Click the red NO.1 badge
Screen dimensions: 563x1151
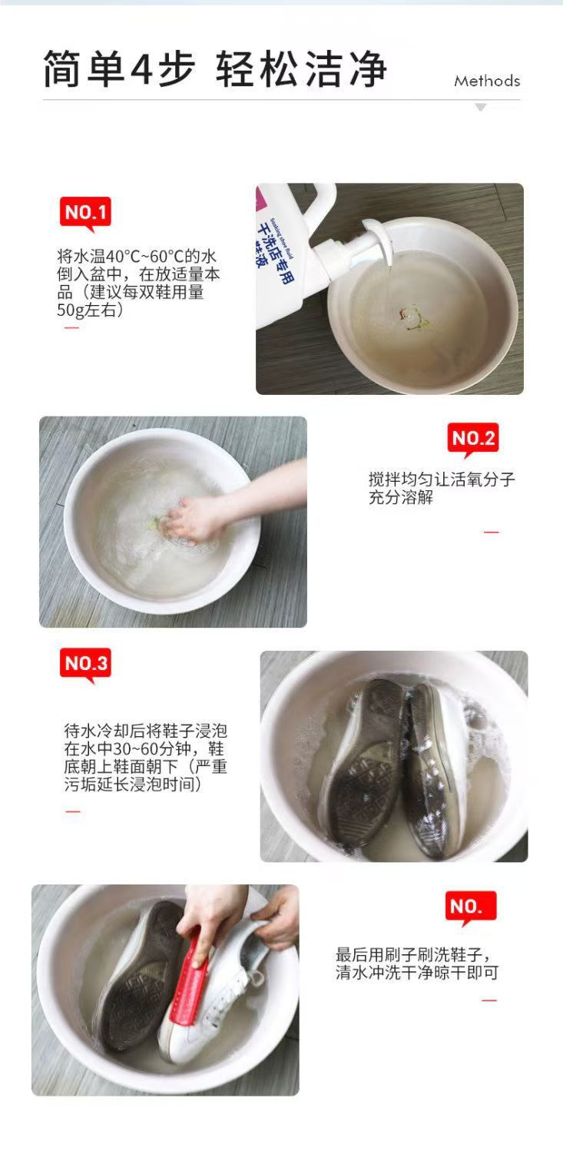coord(85,212)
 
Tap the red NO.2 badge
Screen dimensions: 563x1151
coord(472,438)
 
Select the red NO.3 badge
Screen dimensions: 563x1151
coord(85,664)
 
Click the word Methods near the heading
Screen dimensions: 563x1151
coord(487,81)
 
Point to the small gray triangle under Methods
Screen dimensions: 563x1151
coord(480,107)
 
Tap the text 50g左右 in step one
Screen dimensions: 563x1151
coord(90,310)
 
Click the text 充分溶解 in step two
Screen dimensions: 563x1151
coord(401,497)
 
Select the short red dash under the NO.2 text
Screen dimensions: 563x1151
coord(492,532)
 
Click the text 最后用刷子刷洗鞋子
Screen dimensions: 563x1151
coord(409,955)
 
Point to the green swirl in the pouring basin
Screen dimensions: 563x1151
coord(413,319)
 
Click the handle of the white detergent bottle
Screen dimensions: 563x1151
coord(323,203)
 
